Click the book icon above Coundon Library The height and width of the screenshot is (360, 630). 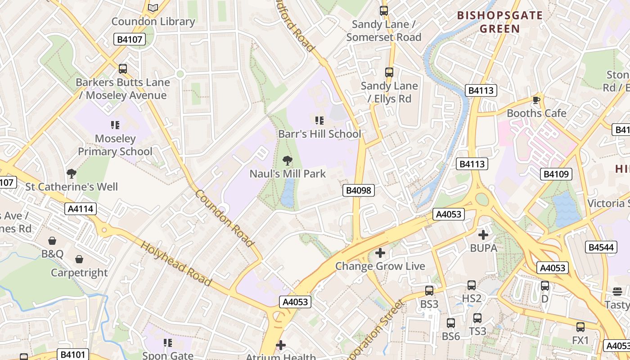[x=153, y=8]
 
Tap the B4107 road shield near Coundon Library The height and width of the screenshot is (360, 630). [x=130, y=40]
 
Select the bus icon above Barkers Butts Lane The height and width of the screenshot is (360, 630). [x=122, y=69]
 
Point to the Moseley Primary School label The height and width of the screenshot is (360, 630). [x=115, y=145]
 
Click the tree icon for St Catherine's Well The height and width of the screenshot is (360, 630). [x=71, y=173]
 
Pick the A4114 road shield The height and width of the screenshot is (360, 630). [x=81, y=209]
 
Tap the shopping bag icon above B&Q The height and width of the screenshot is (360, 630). [x=52, y=241]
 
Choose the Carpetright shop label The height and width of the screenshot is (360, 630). [x=79, y=273]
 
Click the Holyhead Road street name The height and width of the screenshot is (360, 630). [x=176, y=264]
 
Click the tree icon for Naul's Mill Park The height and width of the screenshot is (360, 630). [x=287, y=160]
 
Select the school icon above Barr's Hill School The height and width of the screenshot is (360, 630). [x=319, y=120]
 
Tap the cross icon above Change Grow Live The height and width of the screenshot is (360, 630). [x=380, y=253]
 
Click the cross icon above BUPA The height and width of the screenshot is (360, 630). [x=483, y=234]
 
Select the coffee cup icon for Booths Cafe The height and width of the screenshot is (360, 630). [x=535, y=100]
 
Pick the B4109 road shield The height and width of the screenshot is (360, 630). [x=556, y=174]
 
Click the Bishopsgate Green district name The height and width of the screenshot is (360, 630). [x=500, y=22]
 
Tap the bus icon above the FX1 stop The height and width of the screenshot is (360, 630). [x=580, y=327]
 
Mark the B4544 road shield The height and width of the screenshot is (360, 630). [x=601, y=247]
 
